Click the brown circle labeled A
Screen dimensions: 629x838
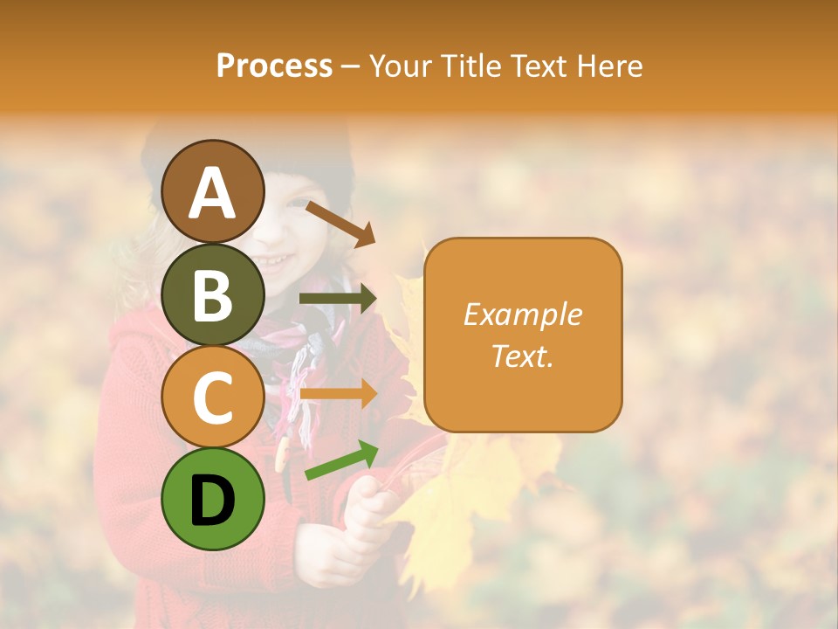[213, 191]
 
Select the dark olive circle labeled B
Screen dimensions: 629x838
[213, 294]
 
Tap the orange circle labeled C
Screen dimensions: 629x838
[213, 397]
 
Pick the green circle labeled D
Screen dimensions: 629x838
[213, 499]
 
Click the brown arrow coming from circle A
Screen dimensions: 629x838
[340, 224]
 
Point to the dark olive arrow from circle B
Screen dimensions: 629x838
[338, 299]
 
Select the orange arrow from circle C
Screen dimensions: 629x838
[338, 394]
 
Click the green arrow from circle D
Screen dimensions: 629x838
[341, 460]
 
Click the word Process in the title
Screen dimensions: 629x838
[274, 66]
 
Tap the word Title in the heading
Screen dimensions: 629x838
[467, 66]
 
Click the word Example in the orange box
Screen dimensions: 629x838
[522, 315]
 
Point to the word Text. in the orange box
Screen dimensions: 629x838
[522, 356]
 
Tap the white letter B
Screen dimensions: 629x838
[213, 294]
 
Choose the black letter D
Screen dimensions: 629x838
[213, 501]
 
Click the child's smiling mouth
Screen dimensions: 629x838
[278, 259]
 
